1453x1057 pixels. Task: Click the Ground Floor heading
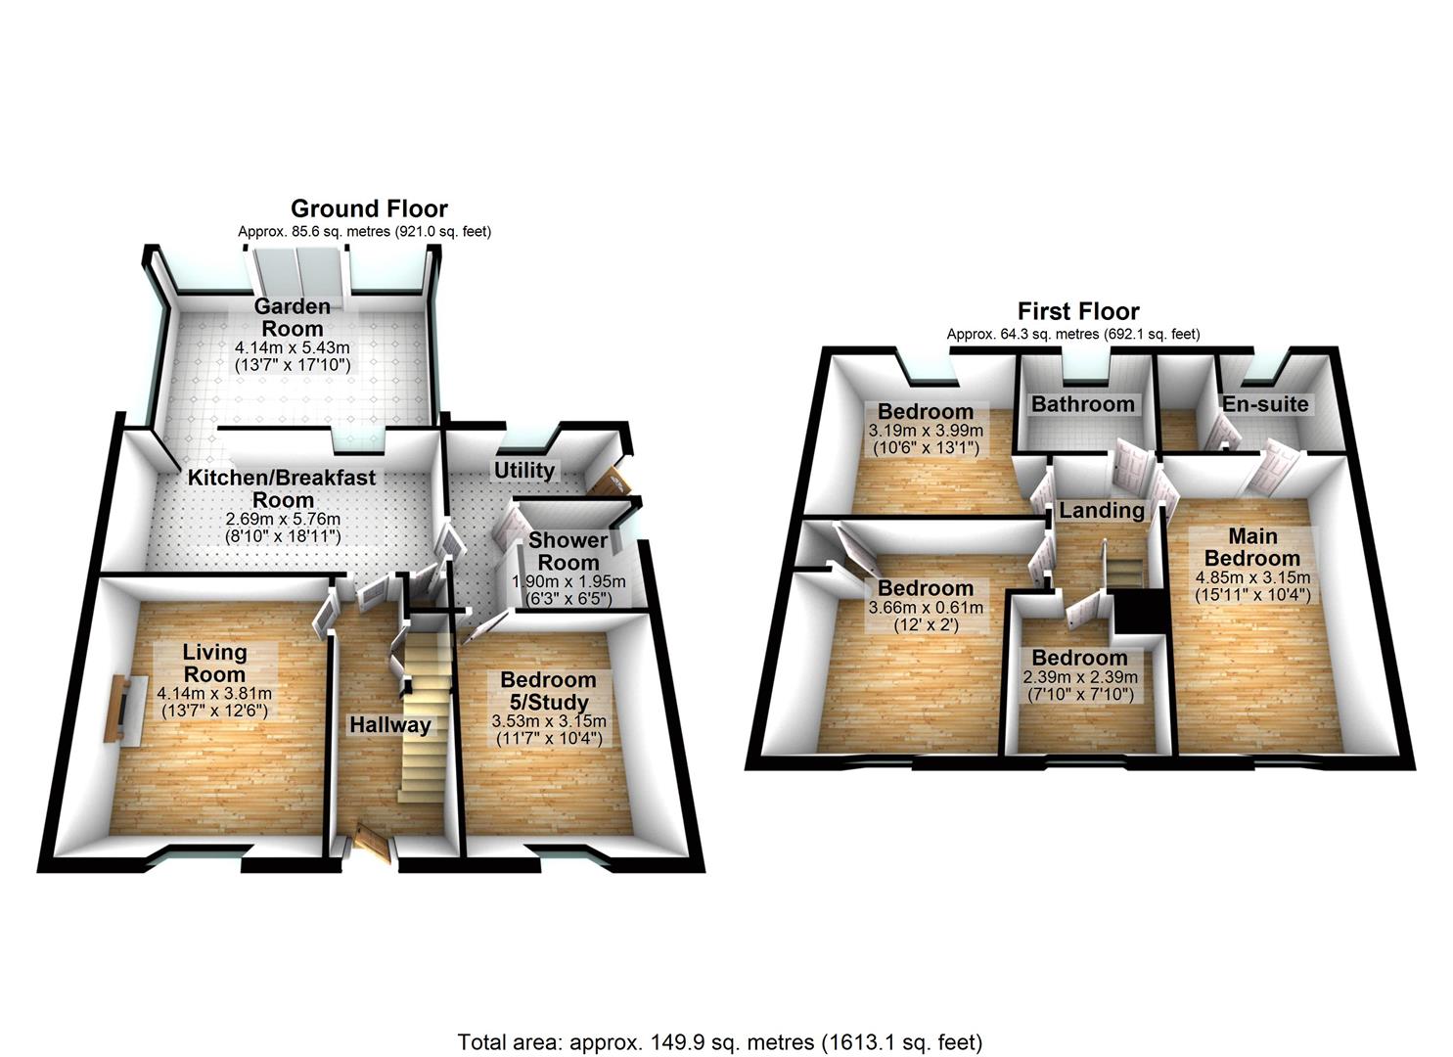369,208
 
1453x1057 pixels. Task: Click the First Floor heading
1078,311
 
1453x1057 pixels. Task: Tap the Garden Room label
292,318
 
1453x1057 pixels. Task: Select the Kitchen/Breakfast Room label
282,487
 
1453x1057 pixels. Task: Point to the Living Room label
214,663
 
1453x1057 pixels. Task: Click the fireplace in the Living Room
115,708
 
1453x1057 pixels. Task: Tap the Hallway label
390,725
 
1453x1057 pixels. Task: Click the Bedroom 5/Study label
548,691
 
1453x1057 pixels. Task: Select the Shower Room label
568,551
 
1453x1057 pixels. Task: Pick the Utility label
524,470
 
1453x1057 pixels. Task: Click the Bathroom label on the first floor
1082,404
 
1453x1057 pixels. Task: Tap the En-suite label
1264,404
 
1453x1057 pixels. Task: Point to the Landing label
1102,510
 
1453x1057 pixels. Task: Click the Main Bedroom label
1252,547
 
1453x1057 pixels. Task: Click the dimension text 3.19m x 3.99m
925,431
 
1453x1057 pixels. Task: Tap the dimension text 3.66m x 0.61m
926,608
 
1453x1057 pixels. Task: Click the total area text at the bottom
720,1041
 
